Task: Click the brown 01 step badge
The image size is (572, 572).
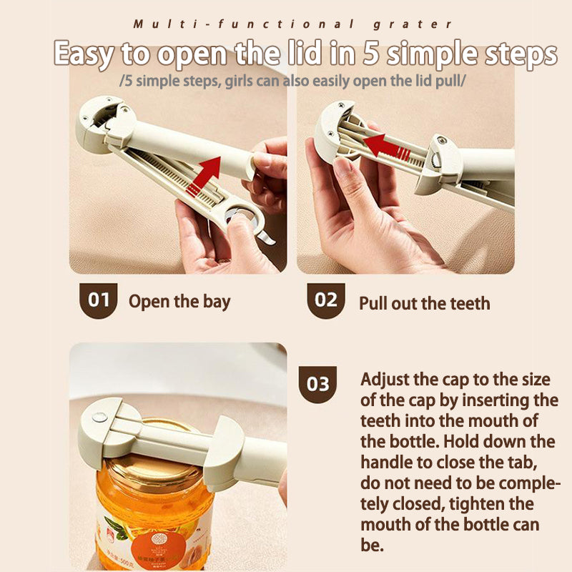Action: [98, 300]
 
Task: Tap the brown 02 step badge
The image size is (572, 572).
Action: [326, 300]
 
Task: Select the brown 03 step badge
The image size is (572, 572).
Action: [318, 384]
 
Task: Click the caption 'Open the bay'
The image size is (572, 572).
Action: [179, 301]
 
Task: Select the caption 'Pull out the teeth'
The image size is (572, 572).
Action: [424, 303]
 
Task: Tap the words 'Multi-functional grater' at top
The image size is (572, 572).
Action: [292, 24]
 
